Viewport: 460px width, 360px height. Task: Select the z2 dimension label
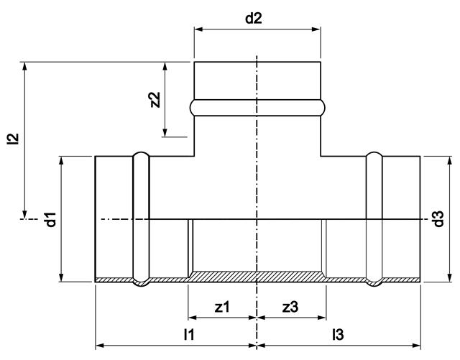(x=154, y=99)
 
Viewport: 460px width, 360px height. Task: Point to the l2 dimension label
(x=12, y=139)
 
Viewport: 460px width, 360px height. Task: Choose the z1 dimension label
(x=222, y=307)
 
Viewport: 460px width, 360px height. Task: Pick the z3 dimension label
(x=291, y=307)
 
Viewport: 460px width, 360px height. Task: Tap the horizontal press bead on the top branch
(x=257, y=108)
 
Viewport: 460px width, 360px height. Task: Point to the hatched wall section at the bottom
(x=257, y=276)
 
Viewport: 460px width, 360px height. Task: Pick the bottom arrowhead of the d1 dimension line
(x=62, y=278)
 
